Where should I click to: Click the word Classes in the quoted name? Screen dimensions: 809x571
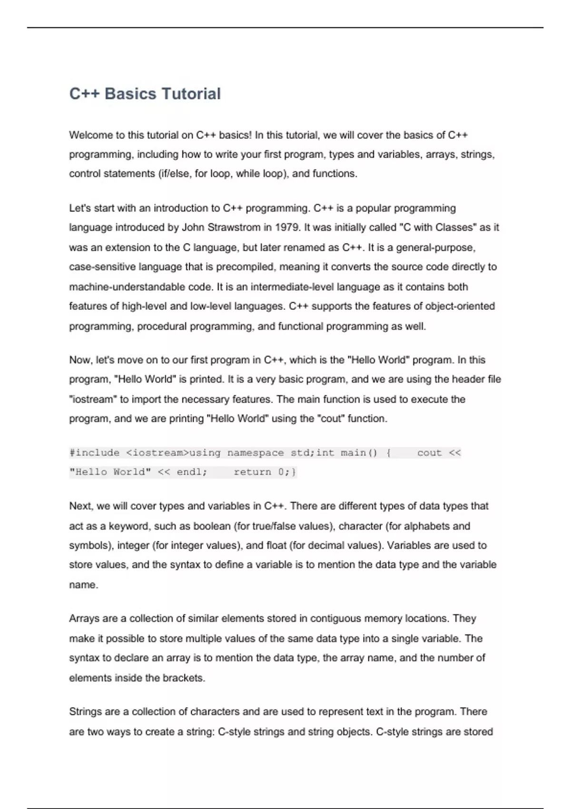coord(454,227)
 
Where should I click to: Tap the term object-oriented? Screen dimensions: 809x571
coord(460,306)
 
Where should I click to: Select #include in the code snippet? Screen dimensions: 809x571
coord(94,453)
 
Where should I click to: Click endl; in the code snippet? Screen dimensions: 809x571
coord(192,472)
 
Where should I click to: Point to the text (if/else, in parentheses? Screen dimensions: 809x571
coord(175,174)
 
